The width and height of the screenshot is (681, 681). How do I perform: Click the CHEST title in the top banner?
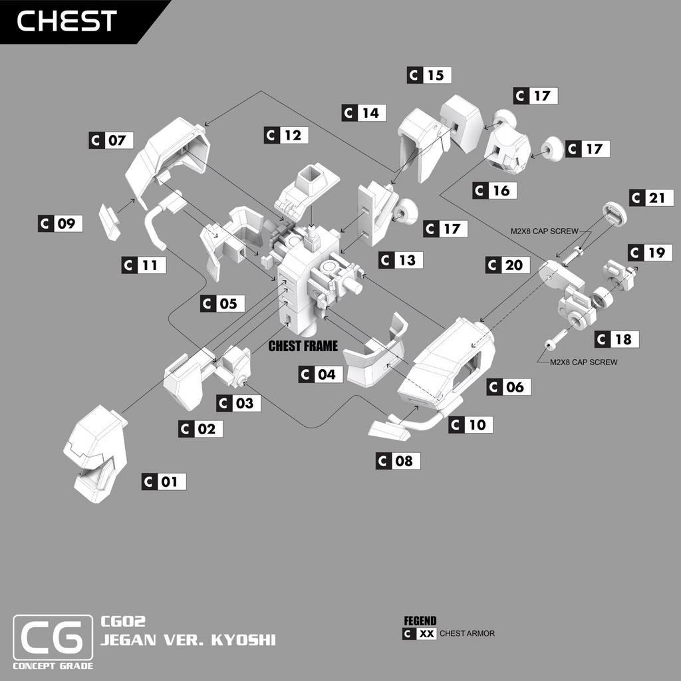pos(67,21)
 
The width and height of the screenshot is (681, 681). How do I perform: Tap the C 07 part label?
pos(111,140)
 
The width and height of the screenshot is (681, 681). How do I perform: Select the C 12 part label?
pos(287,135)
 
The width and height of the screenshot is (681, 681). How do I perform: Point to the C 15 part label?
pos(429,75)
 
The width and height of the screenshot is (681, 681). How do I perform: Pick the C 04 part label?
pos(321,374)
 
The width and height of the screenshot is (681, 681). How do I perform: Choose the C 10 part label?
pos(472,424)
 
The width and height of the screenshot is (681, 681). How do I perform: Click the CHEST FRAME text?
pos(303,346)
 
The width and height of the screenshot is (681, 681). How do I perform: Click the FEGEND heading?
pos(420,621)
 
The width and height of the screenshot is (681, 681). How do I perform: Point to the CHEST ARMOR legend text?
pos(467,634)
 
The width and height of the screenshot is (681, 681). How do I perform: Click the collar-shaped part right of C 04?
pos(376,356)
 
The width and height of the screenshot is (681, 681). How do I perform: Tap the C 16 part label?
pos(495,191)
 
